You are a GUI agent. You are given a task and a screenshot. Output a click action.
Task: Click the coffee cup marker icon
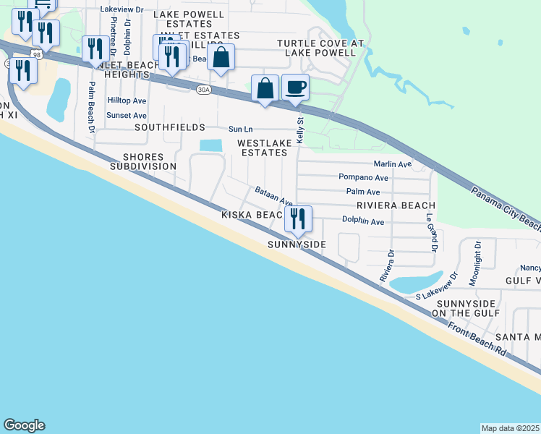click(295, 88)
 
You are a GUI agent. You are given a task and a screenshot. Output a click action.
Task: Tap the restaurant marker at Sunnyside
click(298, 218)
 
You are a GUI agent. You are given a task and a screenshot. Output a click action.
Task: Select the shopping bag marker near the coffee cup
click(265, 88)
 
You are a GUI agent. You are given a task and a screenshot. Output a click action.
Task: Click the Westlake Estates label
click(265, 148)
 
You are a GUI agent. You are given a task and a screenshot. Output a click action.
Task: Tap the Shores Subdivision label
click(142, 161)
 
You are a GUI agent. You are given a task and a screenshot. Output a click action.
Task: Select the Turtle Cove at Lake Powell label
click(320, 48)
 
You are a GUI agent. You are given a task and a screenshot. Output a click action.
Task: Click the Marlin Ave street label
click(392, 164)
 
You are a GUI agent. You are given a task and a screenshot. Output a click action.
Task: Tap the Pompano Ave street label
click(363, 177)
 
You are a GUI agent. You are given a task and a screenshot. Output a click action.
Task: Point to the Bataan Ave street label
click(273, 195)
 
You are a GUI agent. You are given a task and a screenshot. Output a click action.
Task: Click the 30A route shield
click(203, 88)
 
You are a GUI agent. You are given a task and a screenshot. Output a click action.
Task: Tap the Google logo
click(24, 425)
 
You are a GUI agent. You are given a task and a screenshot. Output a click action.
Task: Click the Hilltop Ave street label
click(127, 101)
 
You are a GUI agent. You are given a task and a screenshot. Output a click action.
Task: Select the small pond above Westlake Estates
click(210, 145)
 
